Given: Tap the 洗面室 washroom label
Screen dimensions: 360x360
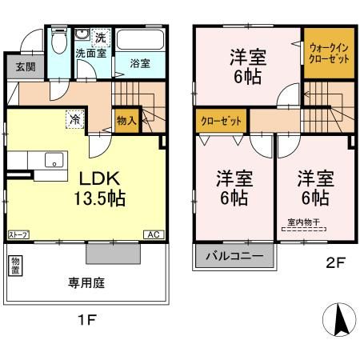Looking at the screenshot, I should (90, 54).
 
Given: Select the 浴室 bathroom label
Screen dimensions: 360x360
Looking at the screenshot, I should (140, 63).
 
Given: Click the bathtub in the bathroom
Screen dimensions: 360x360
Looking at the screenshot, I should (140, 40).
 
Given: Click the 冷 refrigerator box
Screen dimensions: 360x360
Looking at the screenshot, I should (73, 116).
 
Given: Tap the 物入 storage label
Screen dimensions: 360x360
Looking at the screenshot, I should (126, 121).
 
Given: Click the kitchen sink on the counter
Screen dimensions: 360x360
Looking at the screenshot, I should (54, 159).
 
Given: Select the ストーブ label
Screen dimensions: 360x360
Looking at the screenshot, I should (18, 234).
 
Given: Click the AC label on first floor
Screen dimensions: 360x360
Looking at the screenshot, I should (151, 234).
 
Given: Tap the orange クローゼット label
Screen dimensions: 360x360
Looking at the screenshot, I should (221, 121).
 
